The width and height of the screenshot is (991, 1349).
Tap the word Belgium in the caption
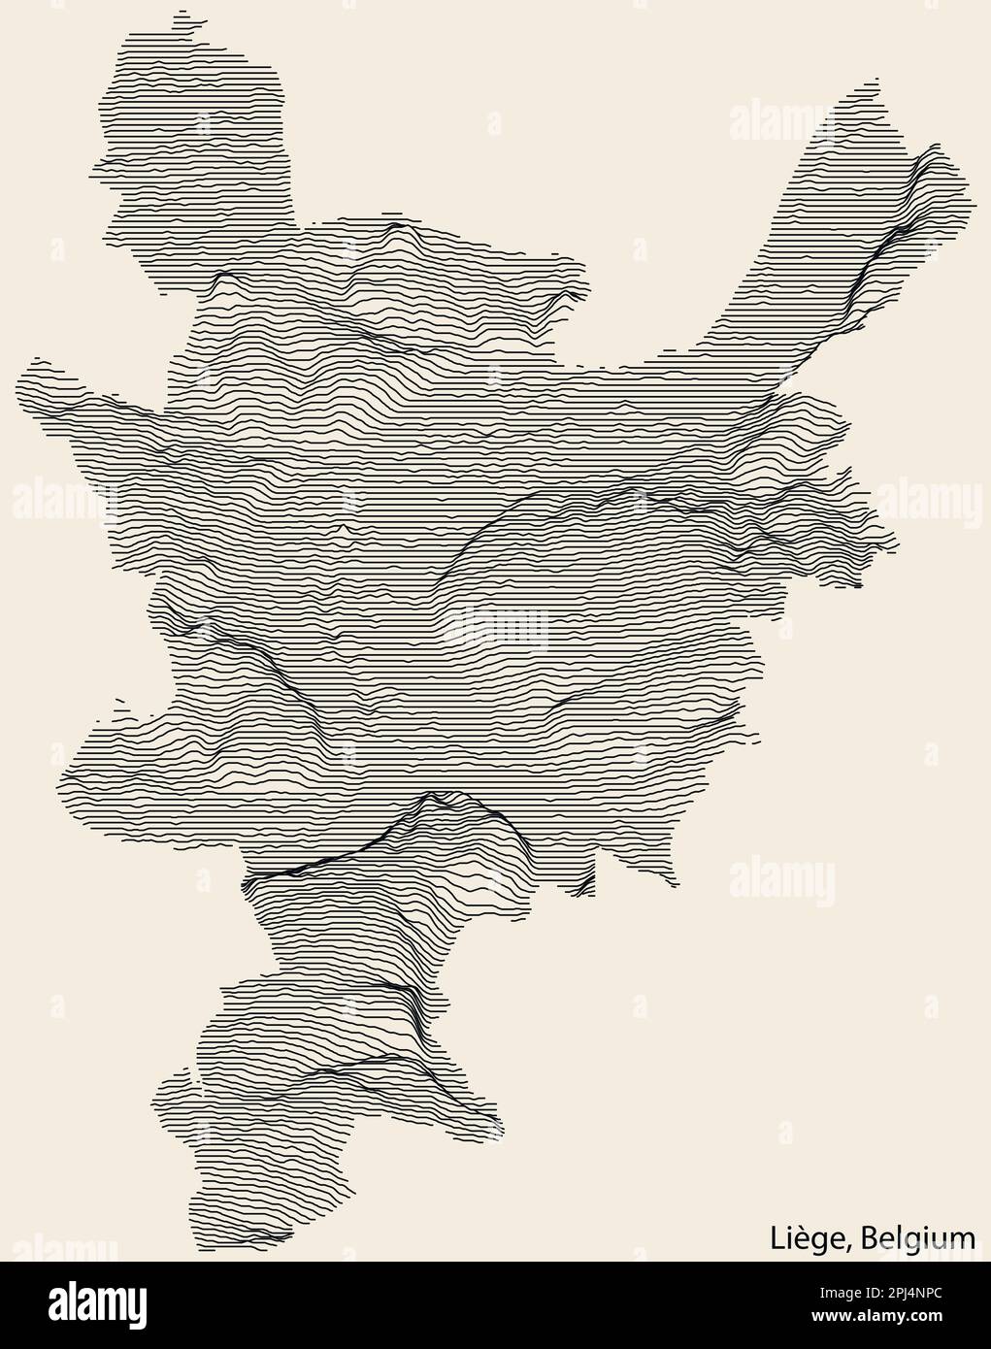point(918,1237)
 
